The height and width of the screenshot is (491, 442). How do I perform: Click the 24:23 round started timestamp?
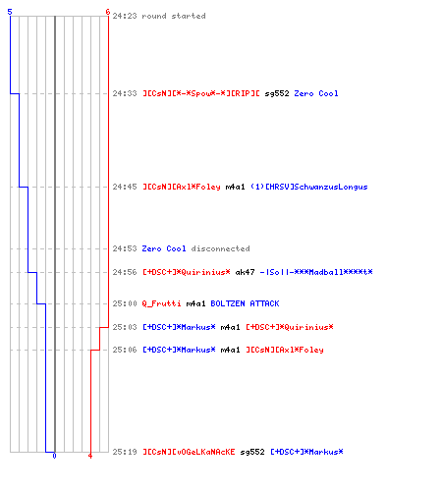[x=125, y=16]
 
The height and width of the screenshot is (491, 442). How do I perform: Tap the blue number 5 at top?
[x=10, y=12]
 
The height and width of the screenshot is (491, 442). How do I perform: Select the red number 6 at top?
[x=108, y=12]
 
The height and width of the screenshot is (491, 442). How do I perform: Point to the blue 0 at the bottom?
[x=54, y=456]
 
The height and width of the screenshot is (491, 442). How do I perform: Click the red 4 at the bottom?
[x=90, y=456]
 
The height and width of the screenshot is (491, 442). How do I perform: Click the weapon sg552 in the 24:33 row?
[x=277, y=93]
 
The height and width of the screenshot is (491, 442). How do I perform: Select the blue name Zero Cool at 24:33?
[x=316, y=93]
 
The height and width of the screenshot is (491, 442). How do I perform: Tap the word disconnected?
[x=220, y=248]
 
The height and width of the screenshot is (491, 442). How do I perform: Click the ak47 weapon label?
[x=245, y=272]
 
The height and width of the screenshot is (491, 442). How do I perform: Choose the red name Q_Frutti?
[x=161, y=303]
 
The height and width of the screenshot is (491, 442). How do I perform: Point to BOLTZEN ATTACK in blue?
[x=245, y=303]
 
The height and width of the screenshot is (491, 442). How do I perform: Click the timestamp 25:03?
[x=125, y=327]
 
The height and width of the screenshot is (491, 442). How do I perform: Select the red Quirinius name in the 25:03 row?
[x=290, y=327]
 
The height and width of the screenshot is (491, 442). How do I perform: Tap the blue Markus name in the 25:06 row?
[x=179, y=350]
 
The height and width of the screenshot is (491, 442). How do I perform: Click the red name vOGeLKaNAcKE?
[x=189, y=452]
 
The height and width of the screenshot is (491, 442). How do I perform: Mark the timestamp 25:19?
[x=125, y=452]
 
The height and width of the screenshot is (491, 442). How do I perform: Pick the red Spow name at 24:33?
[x=201, y=93]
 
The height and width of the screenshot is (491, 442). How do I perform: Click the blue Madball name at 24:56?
[x=316, y=272]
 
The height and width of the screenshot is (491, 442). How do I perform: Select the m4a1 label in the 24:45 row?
[x=235, y=187]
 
